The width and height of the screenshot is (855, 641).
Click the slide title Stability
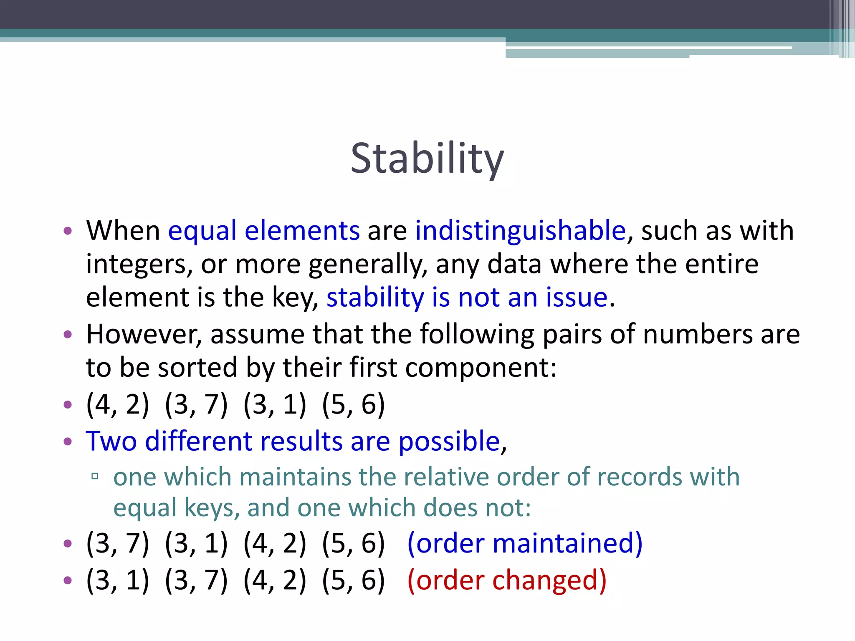tap(427, 159)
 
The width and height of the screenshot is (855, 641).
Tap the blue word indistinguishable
tap(520, 230)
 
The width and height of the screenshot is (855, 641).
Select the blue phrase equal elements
tap(263, 230)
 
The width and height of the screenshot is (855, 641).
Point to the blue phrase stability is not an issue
tap(467, 298)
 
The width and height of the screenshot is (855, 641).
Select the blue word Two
tap(111, 441)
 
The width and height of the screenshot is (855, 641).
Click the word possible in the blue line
tap(449, 441)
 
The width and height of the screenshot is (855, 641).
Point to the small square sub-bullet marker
tap(95, 476)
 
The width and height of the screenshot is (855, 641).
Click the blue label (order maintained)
tap(525, 543)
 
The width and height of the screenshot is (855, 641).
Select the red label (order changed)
tap(507, 580)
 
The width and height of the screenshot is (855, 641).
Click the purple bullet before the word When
tap(68, 231)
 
